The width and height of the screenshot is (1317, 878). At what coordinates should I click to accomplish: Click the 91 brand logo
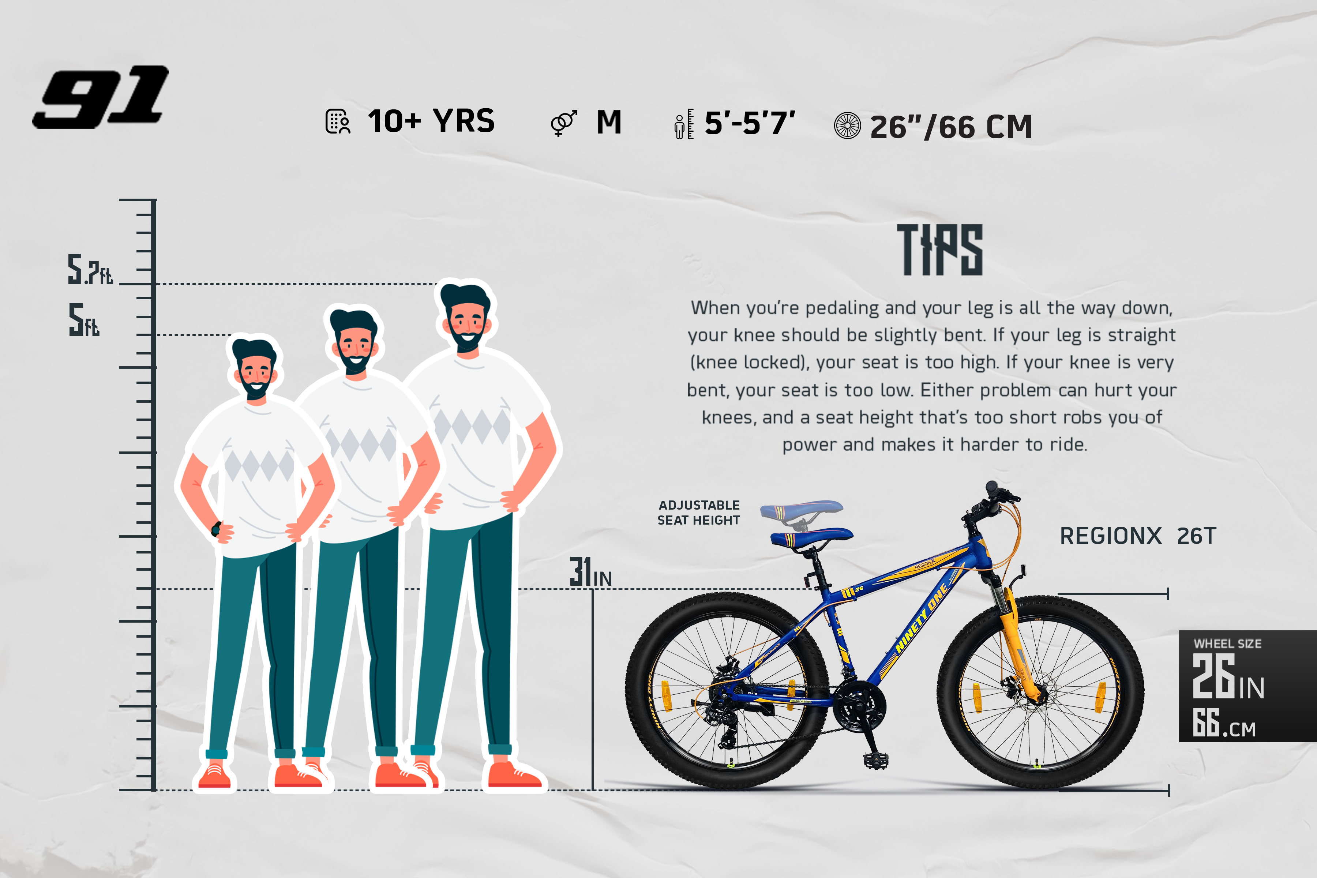101,97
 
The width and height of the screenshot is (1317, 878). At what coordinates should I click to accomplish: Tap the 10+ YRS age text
431,121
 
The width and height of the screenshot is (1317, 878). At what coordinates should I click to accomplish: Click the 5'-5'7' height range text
750,123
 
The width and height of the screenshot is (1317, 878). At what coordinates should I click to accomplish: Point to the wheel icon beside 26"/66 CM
847,125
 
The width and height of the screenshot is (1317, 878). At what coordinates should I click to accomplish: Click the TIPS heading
940,250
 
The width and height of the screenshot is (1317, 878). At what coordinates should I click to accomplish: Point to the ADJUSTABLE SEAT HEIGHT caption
699,513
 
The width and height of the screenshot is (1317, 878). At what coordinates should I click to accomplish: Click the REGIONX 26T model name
1138,536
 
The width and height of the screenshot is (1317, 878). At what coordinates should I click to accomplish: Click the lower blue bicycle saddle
811,537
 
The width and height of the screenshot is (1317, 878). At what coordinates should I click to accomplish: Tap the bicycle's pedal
876,760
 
